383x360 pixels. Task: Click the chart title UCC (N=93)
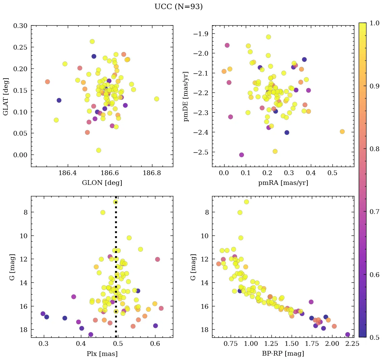point(178,7)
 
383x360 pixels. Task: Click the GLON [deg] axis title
point(102,183)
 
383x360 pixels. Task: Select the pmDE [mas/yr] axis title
point(186,96)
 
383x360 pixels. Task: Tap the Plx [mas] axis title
point(102,354)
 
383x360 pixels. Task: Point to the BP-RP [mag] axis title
point(283,354)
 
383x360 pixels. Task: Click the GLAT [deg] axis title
point(6,96)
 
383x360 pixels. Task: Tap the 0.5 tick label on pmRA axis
point(332,174)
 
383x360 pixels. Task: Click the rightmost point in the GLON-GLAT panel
point(156,99)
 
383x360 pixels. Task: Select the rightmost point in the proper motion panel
point(342,132)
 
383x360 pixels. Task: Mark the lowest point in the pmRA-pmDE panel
point(241,155)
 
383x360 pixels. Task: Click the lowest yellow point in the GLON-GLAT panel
point(98,150)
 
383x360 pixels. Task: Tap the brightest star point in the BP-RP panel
point(246,202)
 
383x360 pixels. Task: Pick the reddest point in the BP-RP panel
point(348,334)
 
